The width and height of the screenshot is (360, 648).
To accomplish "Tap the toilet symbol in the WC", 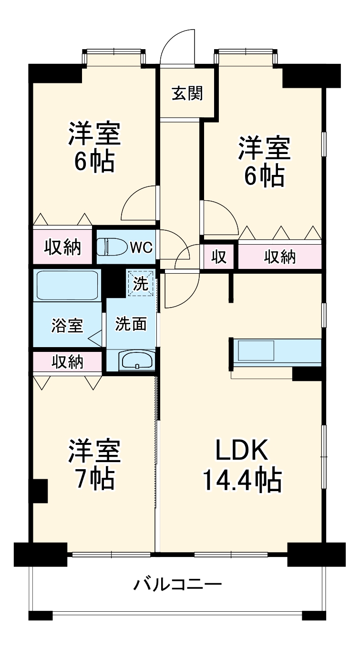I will (x=110, y=247).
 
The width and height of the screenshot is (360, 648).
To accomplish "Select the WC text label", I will (x=141, y=247).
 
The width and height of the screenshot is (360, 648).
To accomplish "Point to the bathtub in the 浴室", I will (x=67, y=285).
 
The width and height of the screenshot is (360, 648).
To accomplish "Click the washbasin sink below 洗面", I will (x=137, y=360).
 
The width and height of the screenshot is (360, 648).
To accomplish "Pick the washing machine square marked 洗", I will (x=141, y=283).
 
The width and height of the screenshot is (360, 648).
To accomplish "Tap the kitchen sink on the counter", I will (x=256, y=351).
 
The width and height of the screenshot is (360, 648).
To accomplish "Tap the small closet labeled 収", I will (x=219, y=257).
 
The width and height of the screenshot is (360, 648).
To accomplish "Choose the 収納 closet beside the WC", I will (x=62, y=247).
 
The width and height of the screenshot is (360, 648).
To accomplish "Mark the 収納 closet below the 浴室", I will (x=67, y=362).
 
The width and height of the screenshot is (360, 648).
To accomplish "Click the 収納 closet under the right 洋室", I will (x=280, y=257).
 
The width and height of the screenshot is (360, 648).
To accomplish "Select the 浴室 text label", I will (x=67, y=326).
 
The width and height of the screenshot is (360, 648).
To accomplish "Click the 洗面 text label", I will (x=131, y=324).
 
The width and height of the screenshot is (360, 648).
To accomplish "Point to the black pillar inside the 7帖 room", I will (x=40, y=491).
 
